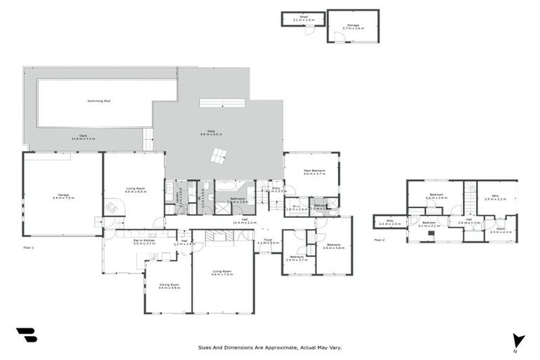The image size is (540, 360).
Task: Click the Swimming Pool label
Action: tap(98, 101)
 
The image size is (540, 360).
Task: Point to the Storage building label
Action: tap(351, 26)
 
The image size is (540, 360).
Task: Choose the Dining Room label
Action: tap(169, 285)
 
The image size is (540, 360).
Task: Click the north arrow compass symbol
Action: tap(519, 341)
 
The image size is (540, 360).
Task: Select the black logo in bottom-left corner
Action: tap(26, 335)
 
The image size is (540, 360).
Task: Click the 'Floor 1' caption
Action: tap(28, 248)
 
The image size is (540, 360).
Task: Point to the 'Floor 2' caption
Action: tap(379, 240)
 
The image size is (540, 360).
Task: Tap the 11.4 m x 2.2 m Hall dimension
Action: tap(240, 222)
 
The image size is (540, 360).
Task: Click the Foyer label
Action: tap(267, 241)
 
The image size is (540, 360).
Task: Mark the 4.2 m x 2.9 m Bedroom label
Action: tap(437, 198)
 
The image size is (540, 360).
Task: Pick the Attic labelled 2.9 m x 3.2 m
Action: tap(495, 198)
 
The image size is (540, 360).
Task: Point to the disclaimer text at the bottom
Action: tap(269, 347)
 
